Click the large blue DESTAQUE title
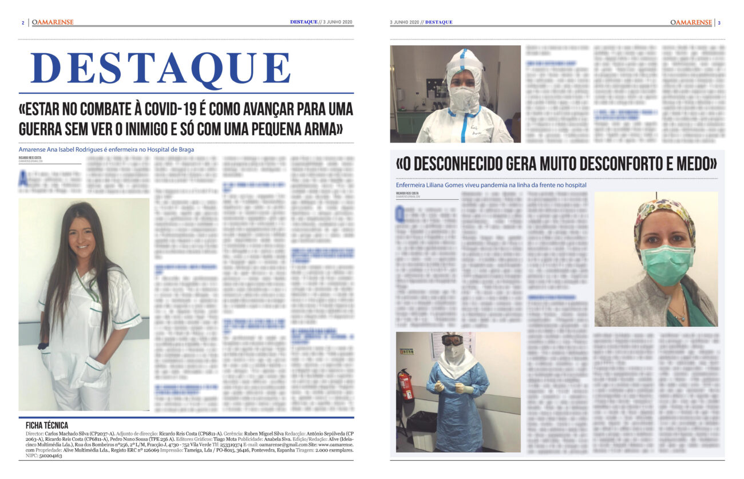(160, 68)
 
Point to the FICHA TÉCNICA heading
(47, 425)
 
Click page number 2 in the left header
(22, 22)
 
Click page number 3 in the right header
(719, 22)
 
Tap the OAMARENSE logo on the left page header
(53, 22)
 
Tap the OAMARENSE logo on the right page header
(691, 22)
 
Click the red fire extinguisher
(406, 384)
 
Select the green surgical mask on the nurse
(666, 263)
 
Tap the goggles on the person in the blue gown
(452, 341)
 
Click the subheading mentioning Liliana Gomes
(491, 185)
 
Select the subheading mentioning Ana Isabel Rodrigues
(106, 149)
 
